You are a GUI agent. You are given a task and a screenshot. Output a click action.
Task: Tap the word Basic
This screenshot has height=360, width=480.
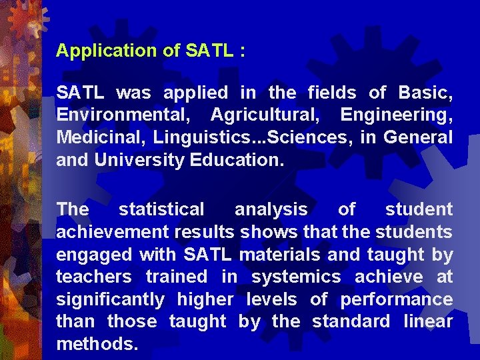[x=425, y=93]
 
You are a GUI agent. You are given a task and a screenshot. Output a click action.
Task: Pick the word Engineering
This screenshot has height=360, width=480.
[x=396, y=115]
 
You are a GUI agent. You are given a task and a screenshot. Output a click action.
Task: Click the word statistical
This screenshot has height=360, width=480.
[x=161, y=209]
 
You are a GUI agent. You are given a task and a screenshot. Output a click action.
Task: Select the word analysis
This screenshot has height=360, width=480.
[x=271, y=209]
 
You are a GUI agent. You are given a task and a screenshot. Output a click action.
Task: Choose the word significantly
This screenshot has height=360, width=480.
[x=110, y=300]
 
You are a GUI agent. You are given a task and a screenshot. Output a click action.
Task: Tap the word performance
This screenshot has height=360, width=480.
[x=396, y=300]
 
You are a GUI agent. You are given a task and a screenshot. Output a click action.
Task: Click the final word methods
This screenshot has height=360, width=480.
[x=97, y=345]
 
